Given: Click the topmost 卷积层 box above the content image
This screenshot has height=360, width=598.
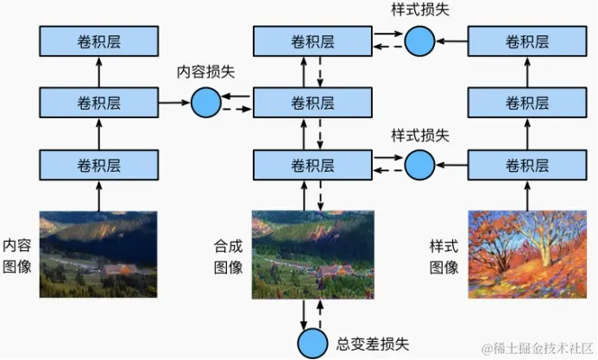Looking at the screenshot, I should (x=98, y=41).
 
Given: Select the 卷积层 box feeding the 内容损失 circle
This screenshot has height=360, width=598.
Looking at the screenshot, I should (x=98, y=103).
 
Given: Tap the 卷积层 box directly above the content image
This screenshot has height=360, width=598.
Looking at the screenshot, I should (x=98, y=164).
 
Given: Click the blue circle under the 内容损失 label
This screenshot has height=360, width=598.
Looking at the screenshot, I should (x=205, y=103).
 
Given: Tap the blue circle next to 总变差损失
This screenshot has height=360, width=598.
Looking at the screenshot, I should (x=312, y=343).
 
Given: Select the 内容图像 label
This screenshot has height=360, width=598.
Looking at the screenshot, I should (x=17, y=255).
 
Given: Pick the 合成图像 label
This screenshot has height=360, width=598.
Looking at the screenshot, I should (x=228, y=256).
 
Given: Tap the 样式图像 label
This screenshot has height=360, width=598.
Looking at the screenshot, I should (x=444, y=256).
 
